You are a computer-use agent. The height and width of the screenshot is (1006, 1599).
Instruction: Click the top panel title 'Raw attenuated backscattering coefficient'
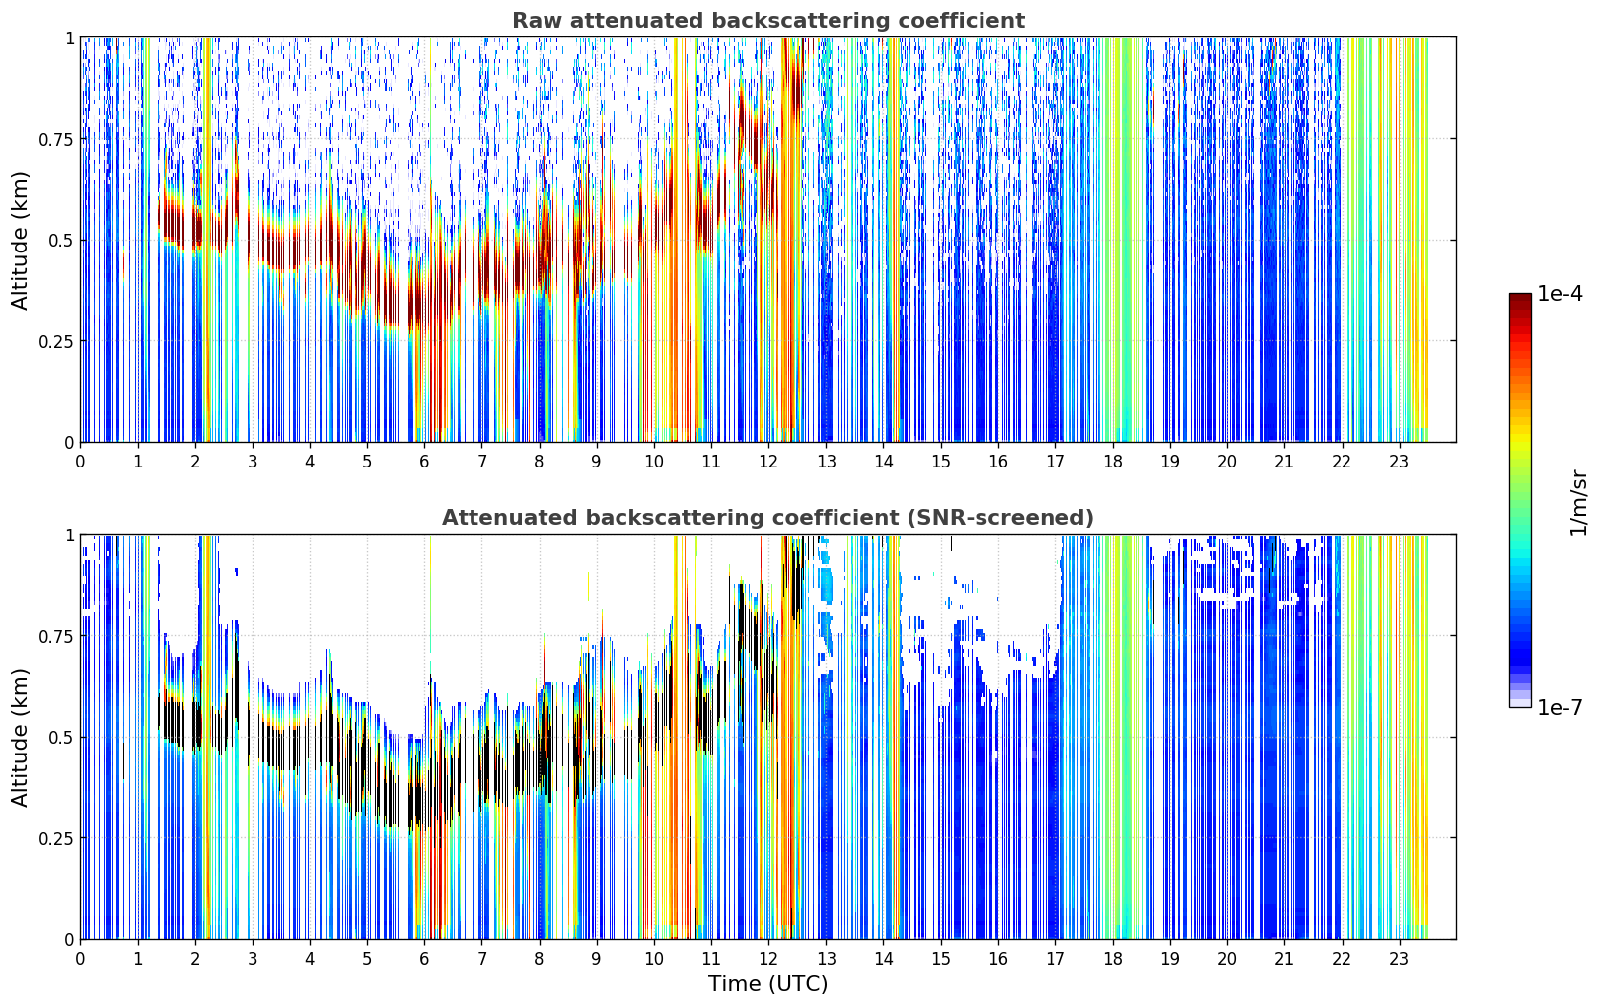point(768,20)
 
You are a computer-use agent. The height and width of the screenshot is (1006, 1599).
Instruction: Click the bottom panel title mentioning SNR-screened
point(768,517)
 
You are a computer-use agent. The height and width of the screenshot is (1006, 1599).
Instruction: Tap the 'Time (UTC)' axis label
point(768,984)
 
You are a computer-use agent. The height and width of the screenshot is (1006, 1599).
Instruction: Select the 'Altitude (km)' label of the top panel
point(20,241)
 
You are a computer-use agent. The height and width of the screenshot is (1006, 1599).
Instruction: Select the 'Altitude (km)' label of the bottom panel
point(20,738)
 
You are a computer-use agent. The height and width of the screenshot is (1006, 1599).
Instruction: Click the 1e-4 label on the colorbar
point(1560,293)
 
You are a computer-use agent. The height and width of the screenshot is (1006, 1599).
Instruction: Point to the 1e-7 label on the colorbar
point(1560,708)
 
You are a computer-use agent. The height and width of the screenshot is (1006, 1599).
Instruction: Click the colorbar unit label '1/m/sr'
point(1578,502)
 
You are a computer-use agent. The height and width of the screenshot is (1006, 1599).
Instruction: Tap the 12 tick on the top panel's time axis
point(768,462)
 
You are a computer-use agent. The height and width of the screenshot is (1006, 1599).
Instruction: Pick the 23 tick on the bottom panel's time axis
point(1399,959)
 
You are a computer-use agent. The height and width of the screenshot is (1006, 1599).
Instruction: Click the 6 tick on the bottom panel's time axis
point(424,959)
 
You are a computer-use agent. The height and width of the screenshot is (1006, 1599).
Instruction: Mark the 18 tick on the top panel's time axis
point(1112,462)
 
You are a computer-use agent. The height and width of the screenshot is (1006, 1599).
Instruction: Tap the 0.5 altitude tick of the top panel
point(60,241)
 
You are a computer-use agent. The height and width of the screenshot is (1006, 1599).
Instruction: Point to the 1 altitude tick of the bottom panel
point(70,536)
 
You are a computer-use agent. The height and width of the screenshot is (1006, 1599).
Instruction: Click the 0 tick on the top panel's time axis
point(80,462)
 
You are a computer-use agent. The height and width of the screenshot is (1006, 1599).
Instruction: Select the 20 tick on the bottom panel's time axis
point(1227,959)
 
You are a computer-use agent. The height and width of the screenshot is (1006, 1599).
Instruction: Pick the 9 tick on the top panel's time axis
point(596,462)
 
